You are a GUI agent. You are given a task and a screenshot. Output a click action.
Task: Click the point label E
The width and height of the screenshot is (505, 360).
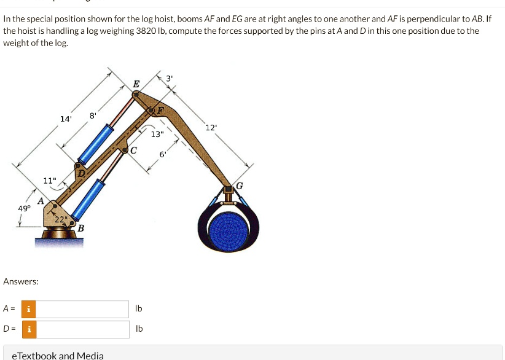[x=136, y=84]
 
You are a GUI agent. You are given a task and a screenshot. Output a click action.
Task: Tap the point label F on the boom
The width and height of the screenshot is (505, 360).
[x=161, y=111]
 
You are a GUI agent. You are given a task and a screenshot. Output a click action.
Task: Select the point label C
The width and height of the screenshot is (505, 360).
[x=133, y=150]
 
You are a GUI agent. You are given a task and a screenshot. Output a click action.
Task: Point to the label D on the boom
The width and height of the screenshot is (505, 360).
[x=81, y=174]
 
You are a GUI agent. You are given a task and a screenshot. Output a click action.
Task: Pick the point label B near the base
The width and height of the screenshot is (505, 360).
[x=80, y=228]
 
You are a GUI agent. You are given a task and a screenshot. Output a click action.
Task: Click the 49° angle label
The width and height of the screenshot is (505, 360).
[x=24, y=208]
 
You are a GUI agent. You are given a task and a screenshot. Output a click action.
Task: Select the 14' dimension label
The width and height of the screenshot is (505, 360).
[x=66, y=119]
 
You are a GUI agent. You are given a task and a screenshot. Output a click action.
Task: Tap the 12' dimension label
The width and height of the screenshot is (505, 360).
[x=211, y=127]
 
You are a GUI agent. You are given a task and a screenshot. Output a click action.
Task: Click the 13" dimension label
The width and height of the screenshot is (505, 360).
[x=157, y=134]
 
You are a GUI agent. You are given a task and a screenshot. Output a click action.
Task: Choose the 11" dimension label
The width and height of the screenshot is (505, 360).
[x=50, y=180]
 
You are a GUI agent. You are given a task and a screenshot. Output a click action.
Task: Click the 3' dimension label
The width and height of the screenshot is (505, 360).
[x=170, y=78]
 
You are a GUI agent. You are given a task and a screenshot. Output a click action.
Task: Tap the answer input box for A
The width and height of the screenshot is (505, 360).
[x=83, y=308]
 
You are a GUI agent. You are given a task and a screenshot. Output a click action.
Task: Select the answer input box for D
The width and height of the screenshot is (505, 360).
[x=83, y=329]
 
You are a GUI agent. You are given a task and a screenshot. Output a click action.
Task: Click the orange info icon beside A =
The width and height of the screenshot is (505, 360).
[x=28, y=308]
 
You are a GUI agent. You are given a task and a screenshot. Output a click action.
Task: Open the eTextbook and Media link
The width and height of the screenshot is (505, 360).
[x=58, y=355]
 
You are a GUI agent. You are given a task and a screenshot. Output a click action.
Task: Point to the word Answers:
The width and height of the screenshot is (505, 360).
[x=21, y=281]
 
